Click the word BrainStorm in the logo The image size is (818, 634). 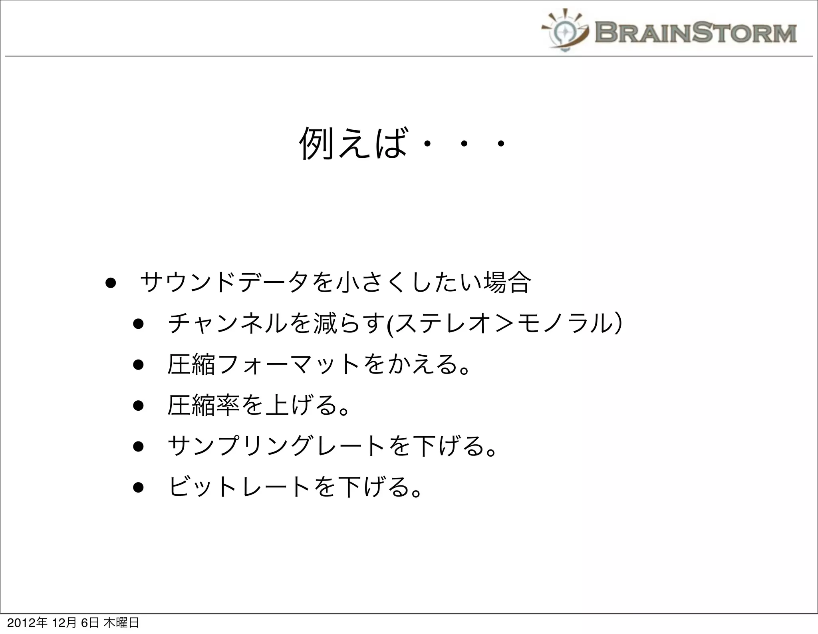[695, 33]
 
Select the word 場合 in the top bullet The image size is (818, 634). [507, 282]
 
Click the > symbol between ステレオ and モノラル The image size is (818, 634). [504, 324]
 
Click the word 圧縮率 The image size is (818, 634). [203, 405]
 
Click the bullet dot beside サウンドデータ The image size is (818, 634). [111, 283]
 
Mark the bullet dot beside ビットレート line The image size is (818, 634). [138, 488]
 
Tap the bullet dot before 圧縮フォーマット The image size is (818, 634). [138, 365]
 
